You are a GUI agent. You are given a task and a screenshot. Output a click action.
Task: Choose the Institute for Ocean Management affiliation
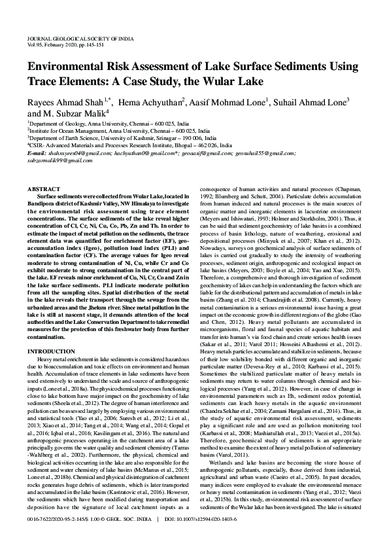[111, 131]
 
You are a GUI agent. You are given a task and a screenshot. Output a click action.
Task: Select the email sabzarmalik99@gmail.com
[56, 160]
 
